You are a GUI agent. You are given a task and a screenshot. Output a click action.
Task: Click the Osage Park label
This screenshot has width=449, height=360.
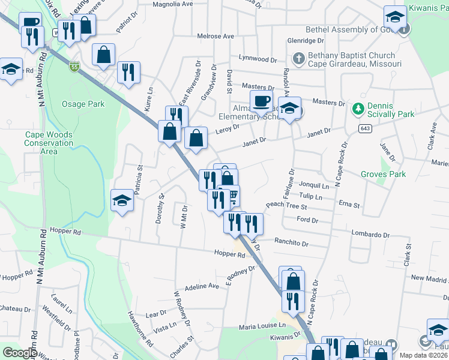pos(83,104)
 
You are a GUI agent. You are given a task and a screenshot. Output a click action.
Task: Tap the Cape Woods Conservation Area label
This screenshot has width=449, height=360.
pos(49,143)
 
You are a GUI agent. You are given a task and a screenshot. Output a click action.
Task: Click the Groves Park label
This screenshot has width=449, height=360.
pos(383,175)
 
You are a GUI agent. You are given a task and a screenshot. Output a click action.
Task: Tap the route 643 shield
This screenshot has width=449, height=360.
pos(364,128)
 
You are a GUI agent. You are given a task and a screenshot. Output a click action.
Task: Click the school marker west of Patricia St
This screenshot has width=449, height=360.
pos(122,200)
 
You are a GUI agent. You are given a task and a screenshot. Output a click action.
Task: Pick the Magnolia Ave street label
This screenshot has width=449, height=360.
pos(173,4)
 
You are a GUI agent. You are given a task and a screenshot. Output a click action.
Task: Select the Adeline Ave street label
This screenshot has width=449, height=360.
pos(202,287)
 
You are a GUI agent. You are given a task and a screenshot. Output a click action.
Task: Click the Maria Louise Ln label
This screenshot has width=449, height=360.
pos(265,326)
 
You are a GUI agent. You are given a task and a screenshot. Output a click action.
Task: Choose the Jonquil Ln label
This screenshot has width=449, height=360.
pos(314,186)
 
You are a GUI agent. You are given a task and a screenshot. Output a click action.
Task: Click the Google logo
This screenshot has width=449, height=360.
pos(20,353)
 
